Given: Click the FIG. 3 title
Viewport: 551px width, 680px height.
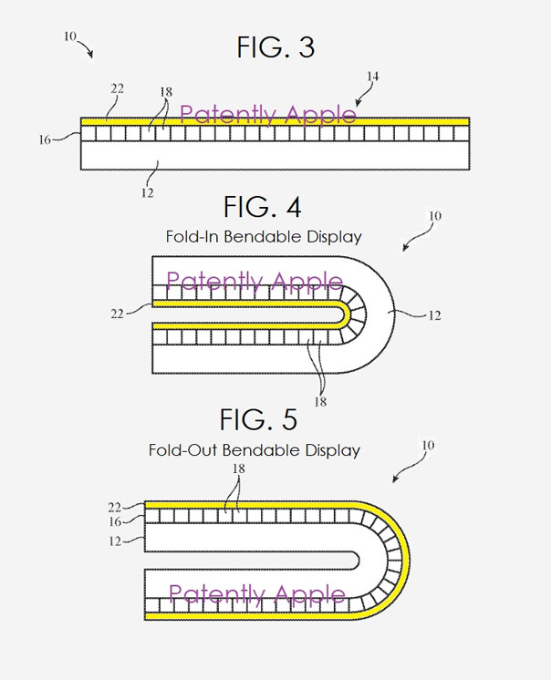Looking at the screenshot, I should click(x=275, y=47).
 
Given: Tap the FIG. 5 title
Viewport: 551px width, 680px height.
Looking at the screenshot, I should click(x=258, y=419).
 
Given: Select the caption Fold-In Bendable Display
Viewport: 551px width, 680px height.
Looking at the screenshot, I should click(x=264, y=237).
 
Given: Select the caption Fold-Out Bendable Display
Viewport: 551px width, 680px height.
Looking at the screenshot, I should click(x=255, y=450).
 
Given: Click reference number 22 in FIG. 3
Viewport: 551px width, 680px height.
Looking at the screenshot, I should click(x=118, y=88).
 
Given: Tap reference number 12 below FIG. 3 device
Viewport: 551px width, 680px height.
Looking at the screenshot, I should click(x=147, y=192).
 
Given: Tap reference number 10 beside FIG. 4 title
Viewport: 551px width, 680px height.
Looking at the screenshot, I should click(x=435, y=216).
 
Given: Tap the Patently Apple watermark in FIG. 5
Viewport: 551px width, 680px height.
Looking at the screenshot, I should click(x=257, y=595).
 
